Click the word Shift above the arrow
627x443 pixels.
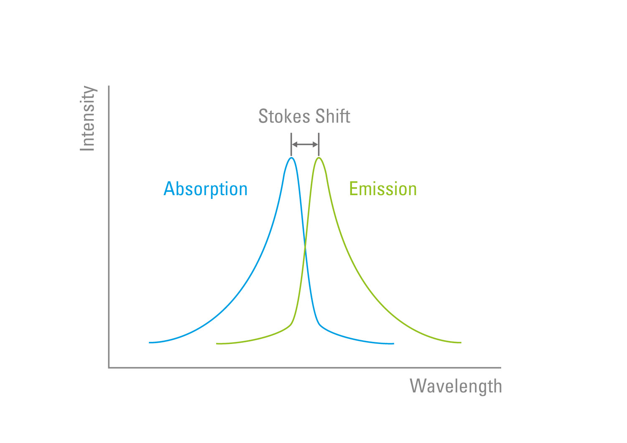[x=333, y=116]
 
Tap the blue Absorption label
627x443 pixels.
[x=206, y=190]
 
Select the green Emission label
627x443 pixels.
[x=383, y=189]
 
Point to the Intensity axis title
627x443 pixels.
[x=88, y=118]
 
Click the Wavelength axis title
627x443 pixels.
[x=456, y=387]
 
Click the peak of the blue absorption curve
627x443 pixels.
[x=291, y=158]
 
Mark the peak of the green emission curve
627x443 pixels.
[x=319, y=158]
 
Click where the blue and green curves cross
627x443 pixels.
[x=305, y=247]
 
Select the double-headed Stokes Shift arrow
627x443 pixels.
[x=305, y=145]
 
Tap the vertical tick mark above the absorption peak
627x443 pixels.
[x=291, y=145]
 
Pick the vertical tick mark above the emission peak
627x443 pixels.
[x=319, y=145]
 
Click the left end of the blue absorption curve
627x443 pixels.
[x=149, y=343]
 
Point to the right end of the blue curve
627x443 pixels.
[x=394, y=344]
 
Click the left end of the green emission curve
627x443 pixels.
[x=217, y=344]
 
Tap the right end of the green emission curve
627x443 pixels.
[x=461, y=343]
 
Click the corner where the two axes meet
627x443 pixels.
[x=109, y=368]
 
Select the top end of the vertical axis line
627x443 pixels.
[x=109, y=86]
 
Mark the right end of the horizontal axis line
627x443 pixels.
[x=501, y=368]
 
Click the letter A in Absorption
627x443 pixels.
[x=169, y=188]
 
